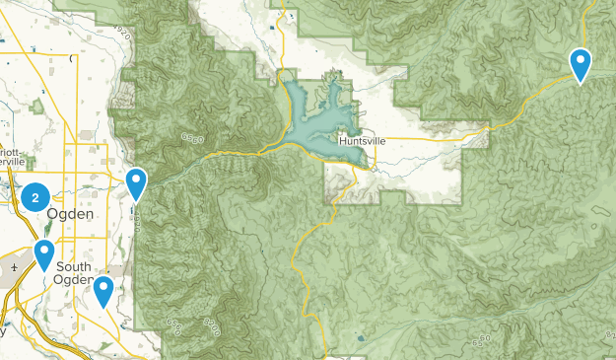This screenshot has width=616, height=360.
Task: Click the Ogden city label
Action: (71, 214)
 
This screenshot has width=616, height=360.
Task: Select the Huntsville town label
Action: (362, 141)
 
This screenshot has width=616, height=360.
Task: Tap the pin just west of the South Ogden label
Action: (44, 254)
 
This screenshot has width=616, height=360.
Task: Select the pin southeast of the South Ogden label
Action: (103, 291)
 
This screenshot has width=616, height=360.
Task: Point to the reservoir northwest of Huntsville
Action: (315, 118)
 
